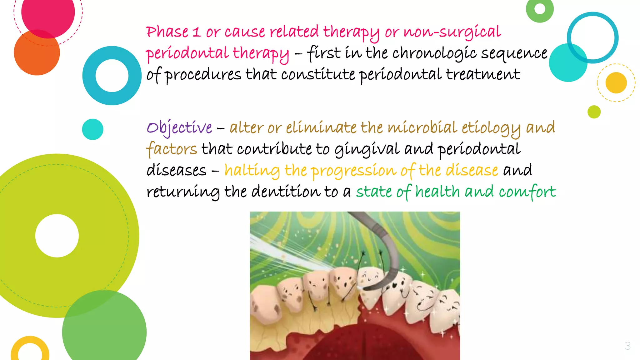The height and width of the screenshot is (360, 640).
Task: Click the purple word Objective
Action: tap(179, 128)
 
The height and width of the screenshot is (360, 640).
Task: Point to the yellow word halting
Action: tap(252, 171)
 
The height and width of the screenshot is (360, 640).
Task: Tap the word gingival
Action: tap(367, 149)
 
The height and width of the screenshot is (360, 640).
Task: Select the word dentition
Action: tap(286, 192)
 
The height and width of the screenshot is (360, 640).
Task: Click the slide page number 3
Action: tap(627, 346)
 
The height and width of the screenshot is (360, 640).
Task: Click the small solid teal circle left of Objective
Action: tap(92, 129)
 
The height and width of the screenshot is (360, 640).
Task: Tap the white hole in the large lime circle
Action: tap(57, 236)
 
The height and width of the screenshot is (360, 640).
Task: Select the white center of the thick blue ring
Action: tap(112, 76)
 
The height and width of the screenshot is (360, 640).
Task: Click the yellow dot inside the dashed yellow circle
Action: tap(616, 83)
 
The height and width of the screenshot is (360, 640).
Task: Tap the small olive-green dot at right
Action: tap(594, 112)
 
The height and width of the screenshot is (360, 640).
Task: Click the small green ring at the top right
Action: tap(540, 9)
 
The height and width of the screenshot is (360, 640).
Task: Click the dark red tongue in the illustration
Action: tap(353, 344)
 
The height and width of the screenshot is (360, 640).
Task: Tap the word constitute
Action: tap(318, 74)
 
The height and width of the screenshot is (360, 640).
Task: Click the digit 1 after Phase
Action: tap(196, 32)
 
